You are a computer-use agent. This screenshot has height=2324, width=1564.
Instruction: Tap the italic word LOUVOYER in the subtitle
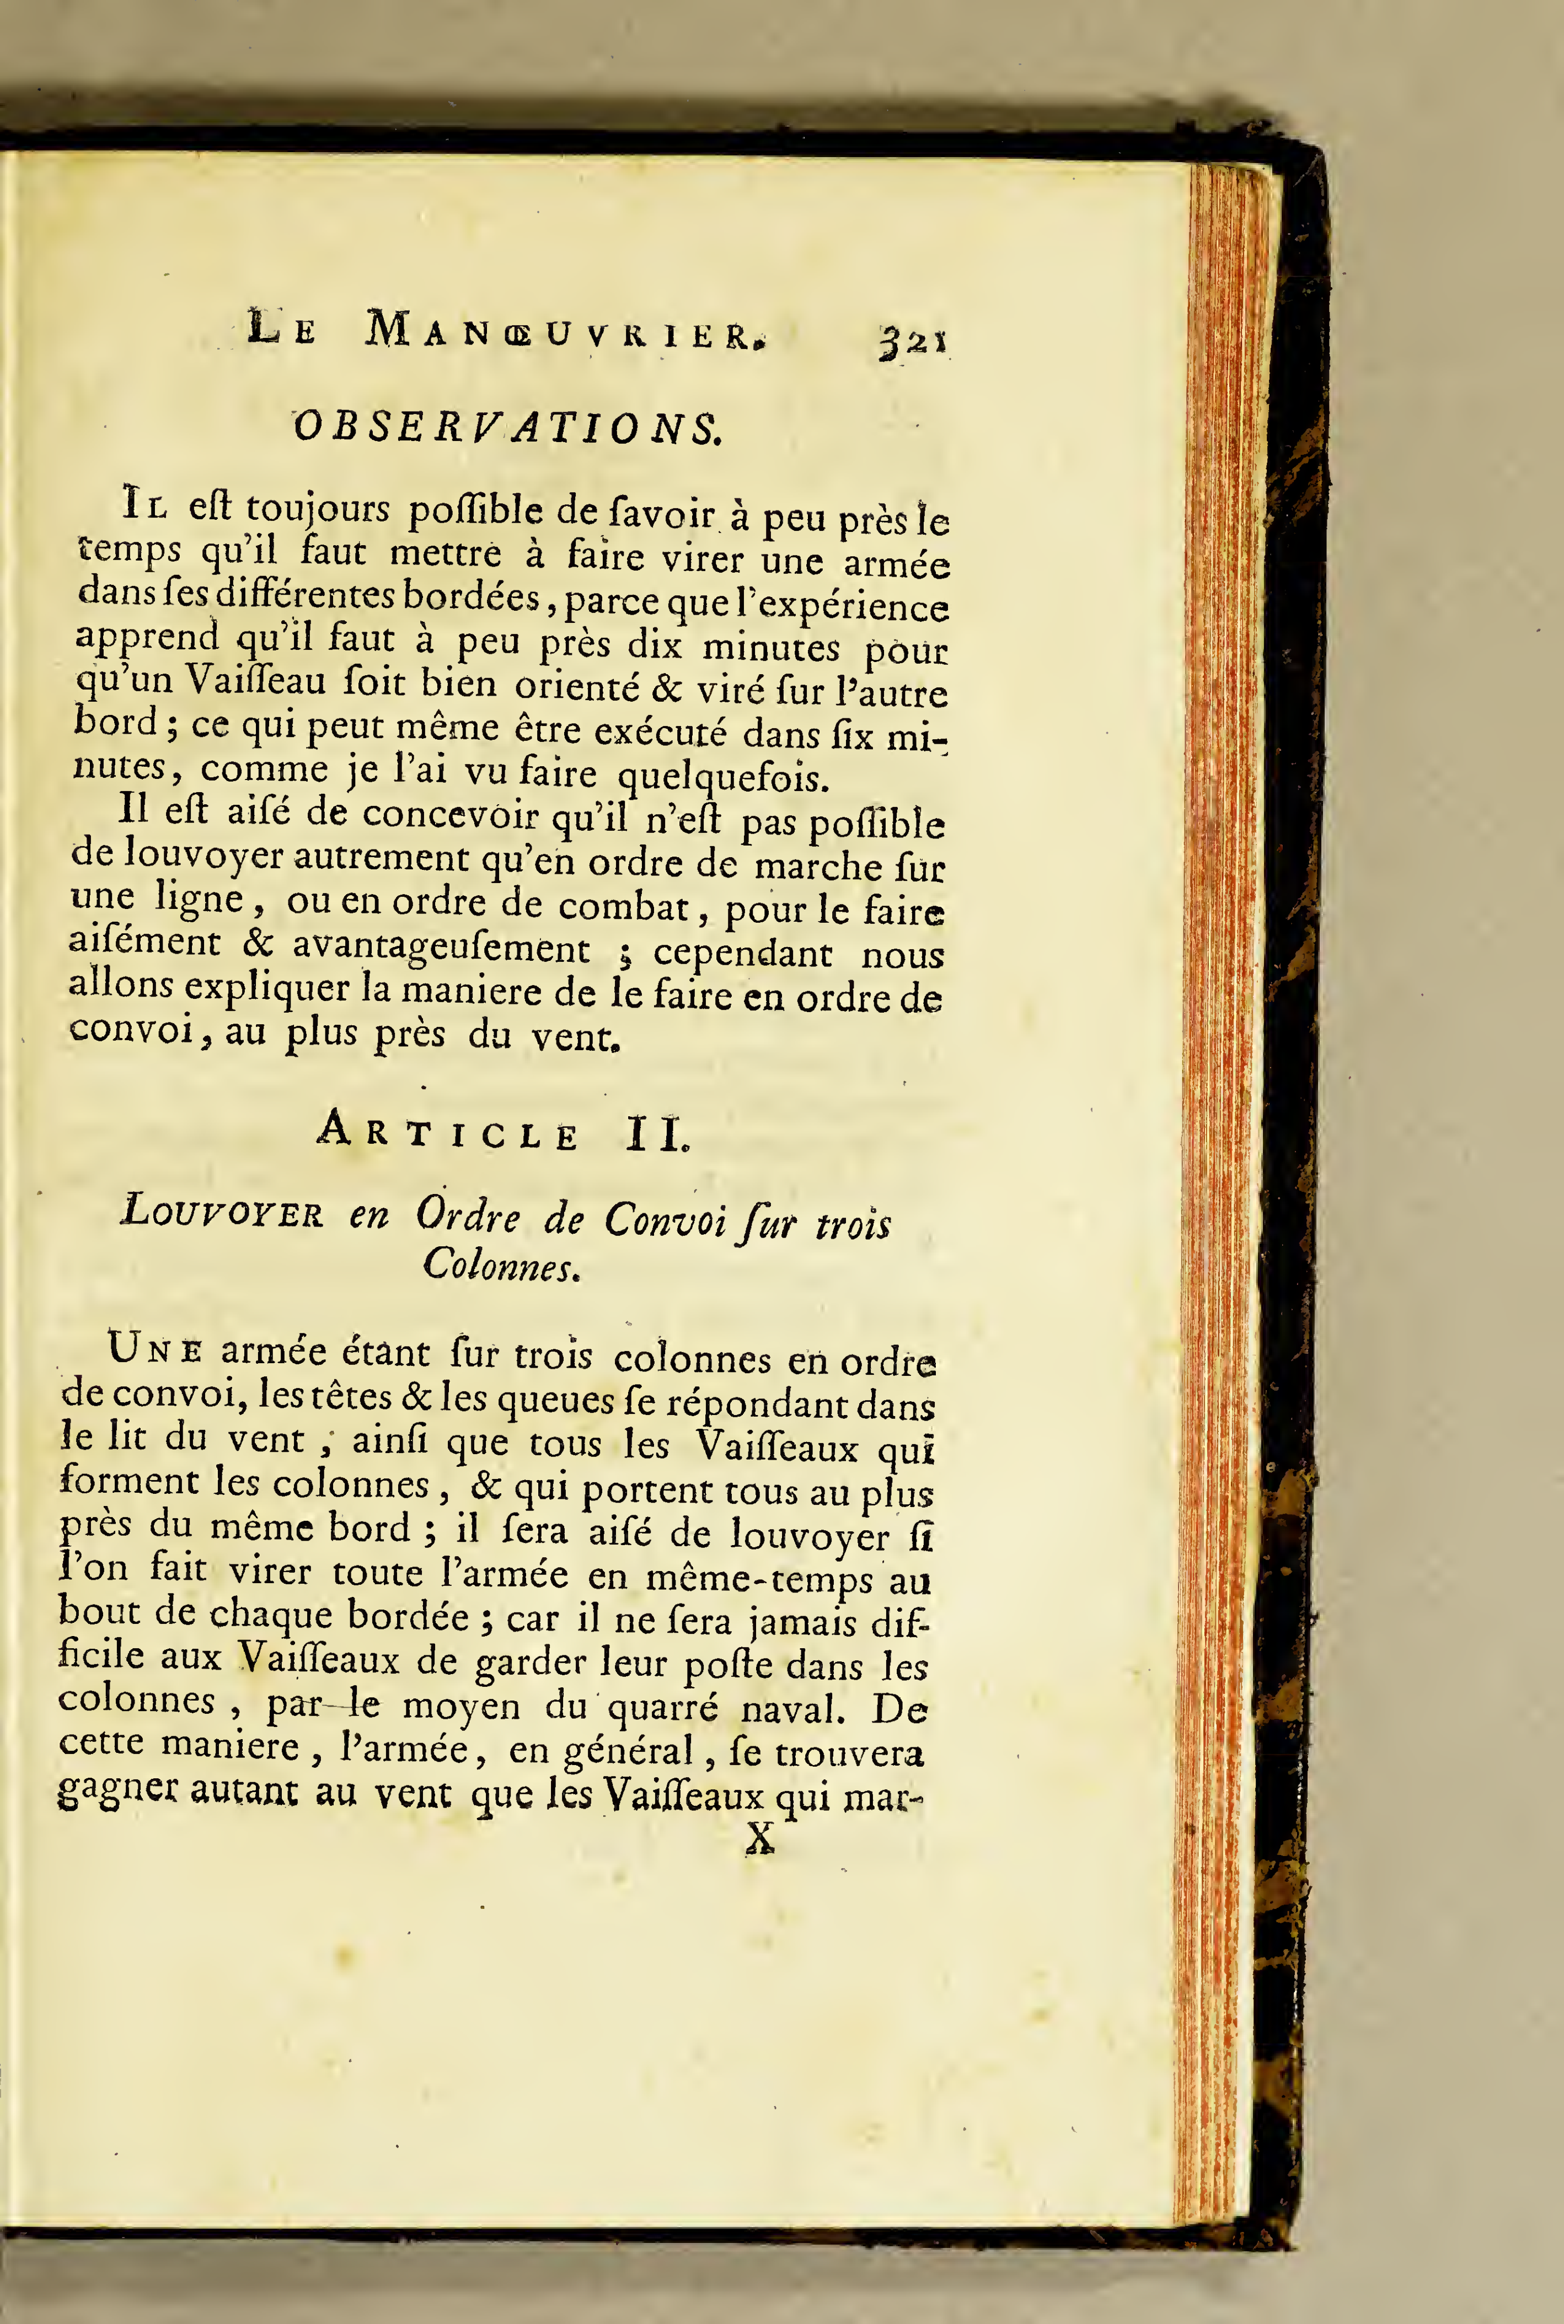pos(222,1212)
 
